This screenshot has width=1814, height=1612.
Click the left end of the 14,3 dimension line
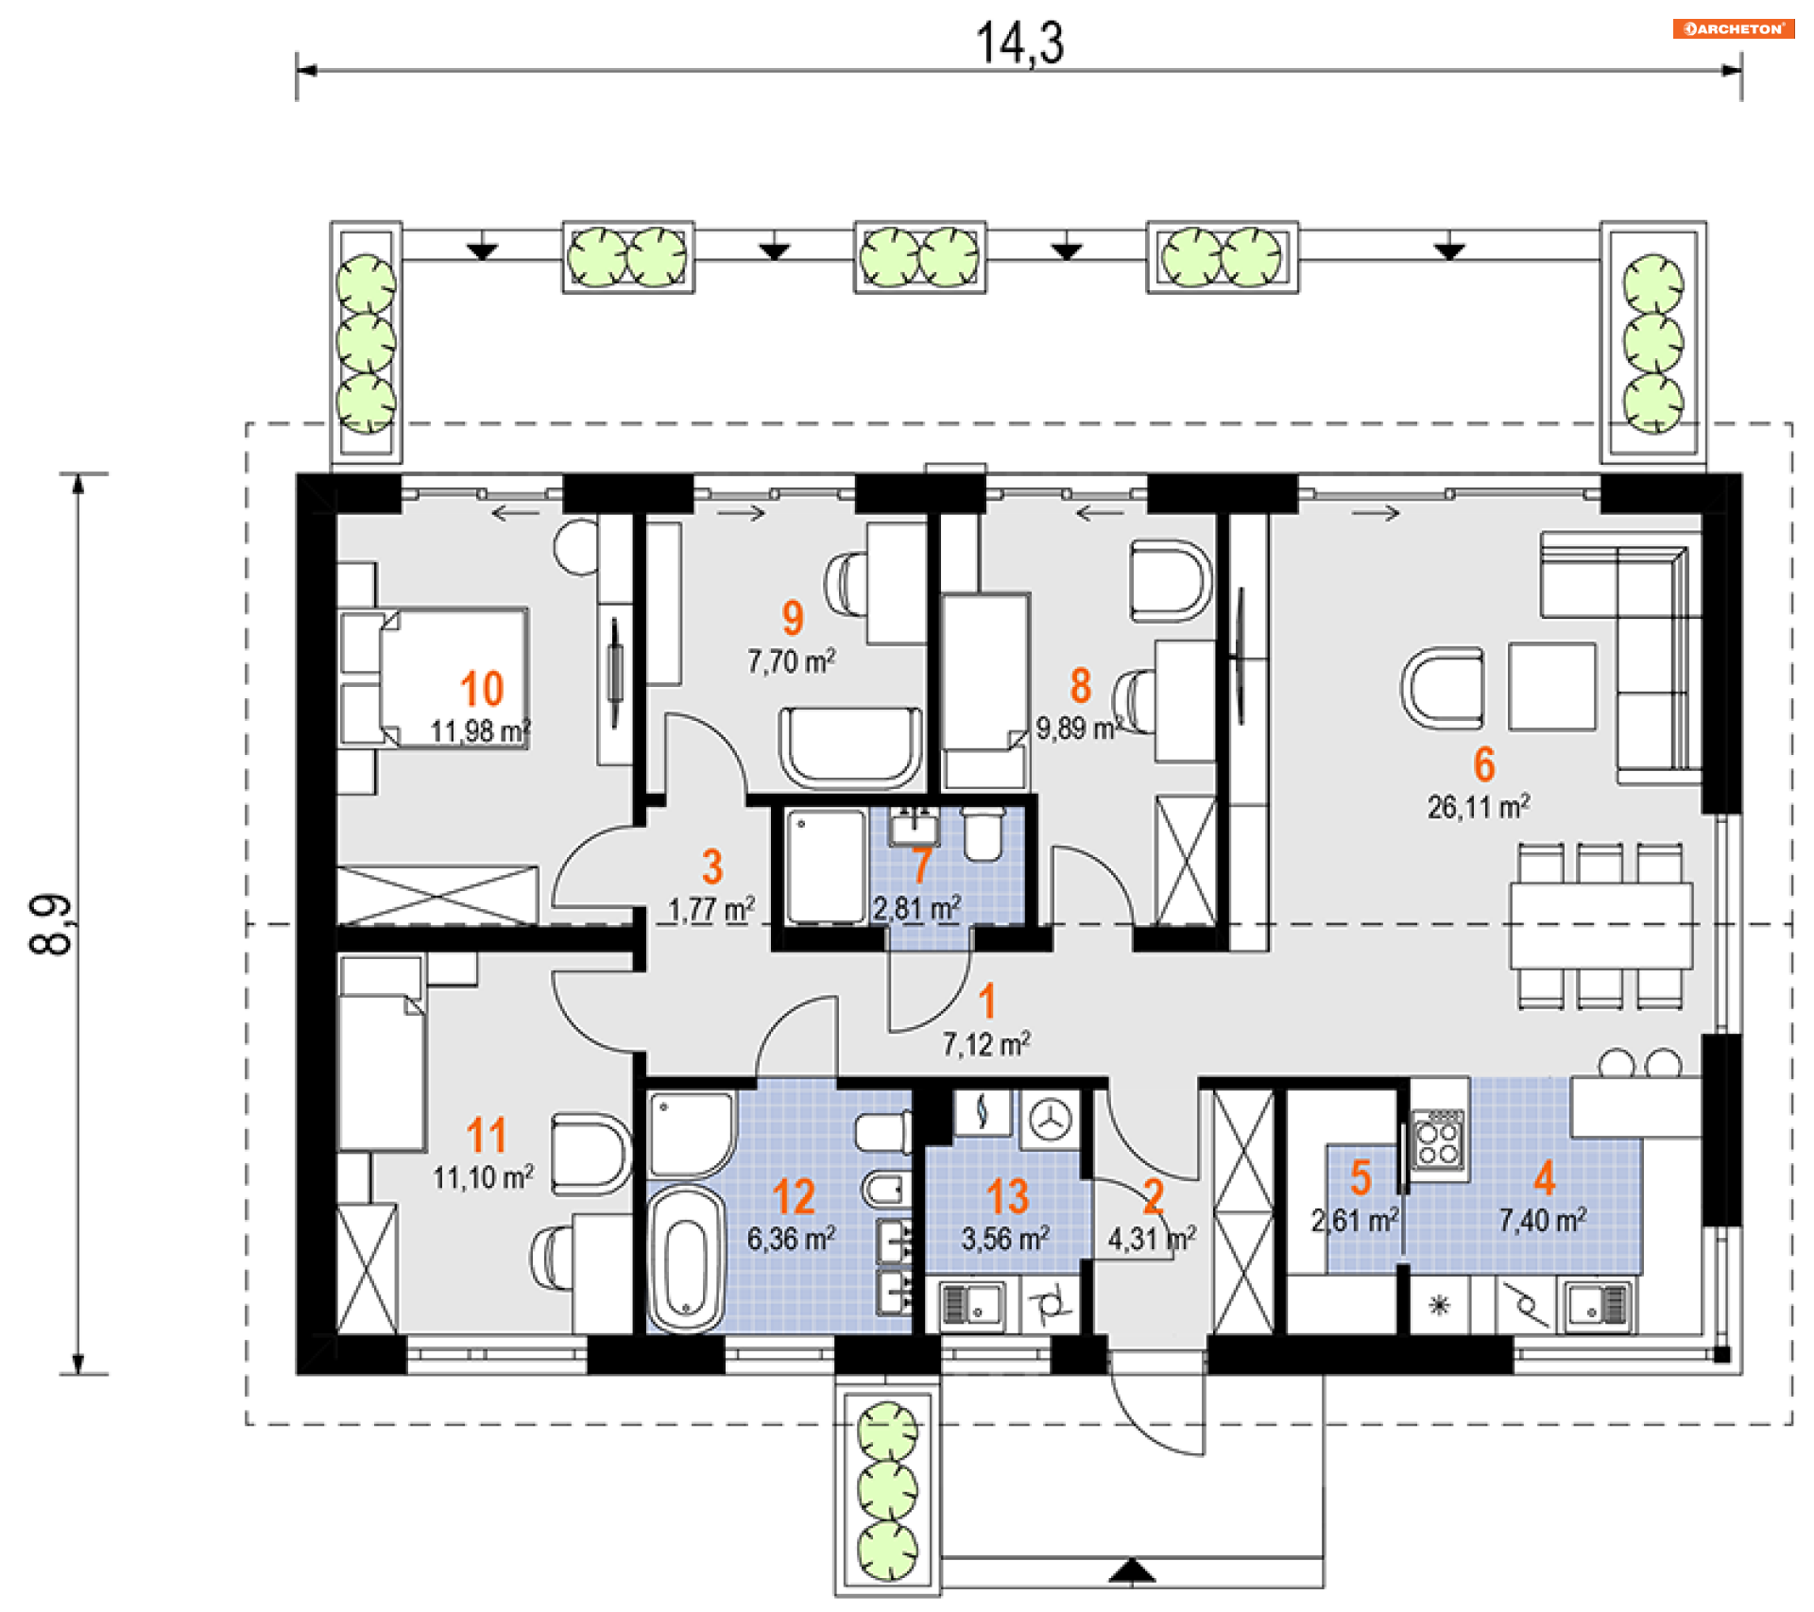(298, 70)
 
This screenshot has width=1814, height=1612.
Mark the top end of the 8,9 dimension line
(78, 473)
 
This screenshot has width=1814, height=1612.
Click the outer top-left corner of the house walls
(297, 474)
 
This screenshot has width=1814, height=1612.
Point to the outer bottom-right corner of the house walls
(1742, 1373)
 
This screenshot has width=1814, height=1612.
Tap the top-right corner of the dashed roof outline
(1791, 423)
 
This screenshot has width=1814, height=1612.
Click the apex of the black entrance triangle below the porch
(1132, 1561)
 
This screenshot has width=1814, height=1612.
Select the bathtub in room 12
(686, 1260)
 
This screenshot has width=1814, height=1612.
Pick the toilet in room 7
(983, 832)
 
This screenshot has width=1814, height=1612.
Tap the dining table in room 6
(1600, 925)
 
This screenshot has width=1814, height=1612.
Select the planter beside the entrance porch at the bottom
(887, 1490)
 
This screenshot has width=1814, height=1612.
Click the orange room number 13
(1007, 1197)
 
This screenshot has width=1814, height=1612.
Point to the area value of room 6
(1479, 807)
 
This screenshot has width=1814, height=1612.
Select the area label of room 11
(484, 1177)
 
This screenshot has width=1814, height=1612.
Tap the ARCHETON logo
(1733, 29)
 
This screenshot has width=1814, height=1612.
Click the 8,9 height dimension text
(51, 924)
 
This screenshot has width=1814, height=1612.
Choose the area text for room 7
(916, 909)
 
